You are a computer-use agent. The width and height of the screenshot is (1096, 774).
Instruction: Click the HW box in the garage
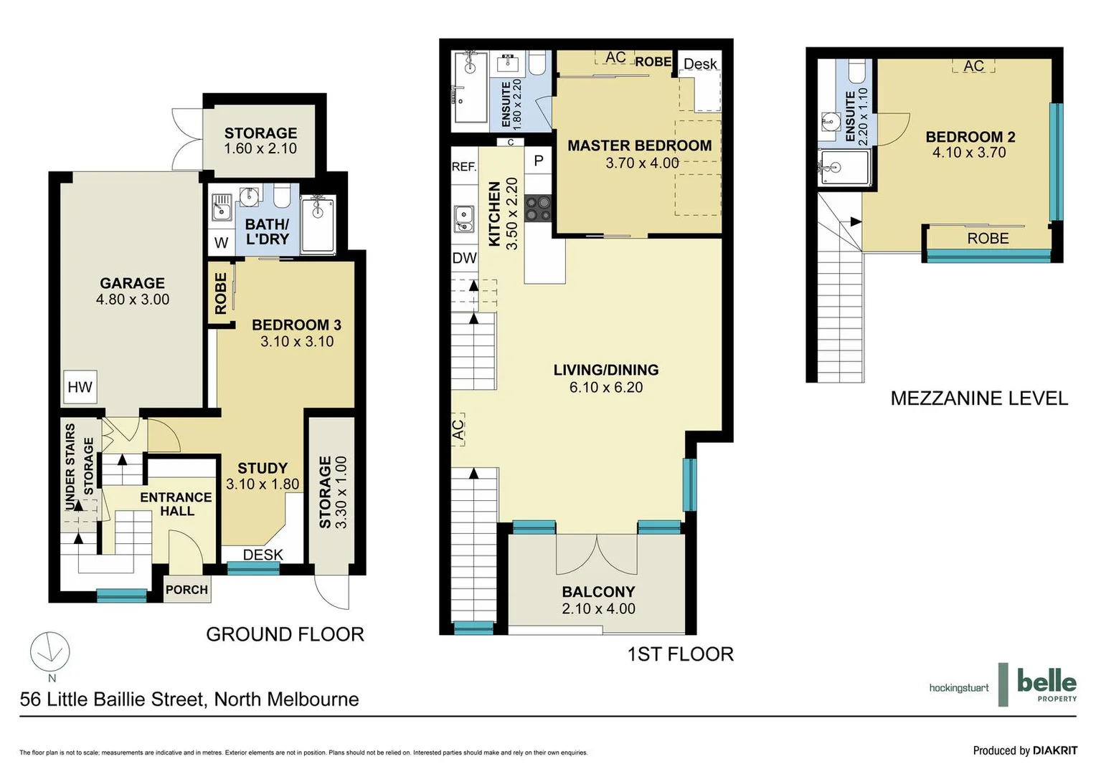click(x=80, y=387)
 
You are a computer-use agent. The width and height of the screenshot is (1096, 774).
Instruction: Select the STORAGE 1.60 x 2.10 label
click(x=260, y=140)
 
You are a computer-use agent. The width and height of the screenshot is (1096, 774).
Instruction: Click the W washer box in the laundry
click(x=221, y=242)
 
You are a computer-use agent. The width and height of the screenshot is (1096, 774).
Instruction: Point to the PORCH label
click(x=186, y=590)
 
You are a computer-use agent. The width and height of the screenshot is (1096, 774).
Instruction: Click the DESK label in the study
click(x=263, y=555)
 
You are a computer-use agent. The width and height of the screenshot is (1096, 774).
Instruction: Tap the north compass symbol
click(x=50, y=652)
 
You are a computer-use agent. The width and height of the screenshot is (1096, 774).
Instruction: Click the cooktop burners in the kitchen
click(x=538, y=208)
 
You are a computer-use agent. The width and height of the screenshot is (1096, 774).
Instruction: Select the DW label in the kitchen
click(x=464, y=258)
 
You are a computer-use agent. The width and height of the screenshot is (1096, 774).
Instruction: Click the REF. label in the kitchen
click(x=464, y=167)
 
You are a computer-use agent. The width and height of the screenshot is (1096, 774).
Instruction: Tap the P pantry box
click(x=539, y=161)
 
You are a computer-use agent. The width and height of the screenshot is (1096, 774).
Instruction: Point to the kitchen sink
click(x=464, y=219)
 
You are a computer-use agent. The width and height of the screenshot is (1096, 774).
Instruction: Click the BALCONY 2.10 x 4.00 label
click(x=598, y=600)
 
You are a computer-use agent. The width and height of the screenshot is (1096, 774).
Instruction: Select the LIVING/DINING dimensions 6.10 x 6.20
click(x=606, y=388)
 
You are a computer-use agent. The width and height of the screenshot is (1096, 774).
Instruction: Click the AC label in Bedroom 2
click(x=973, y=66)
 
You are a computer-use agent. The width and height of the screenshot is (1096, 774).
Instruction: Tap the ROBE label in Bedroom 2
click(x=988, y=239)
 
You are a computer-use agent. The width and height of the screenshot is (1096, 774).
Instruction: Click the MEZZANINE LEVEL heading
click(x=979, y=398)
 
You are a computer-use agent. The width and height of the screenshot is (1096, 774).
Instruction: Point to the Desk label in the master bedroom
click(x=700, y=64)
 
